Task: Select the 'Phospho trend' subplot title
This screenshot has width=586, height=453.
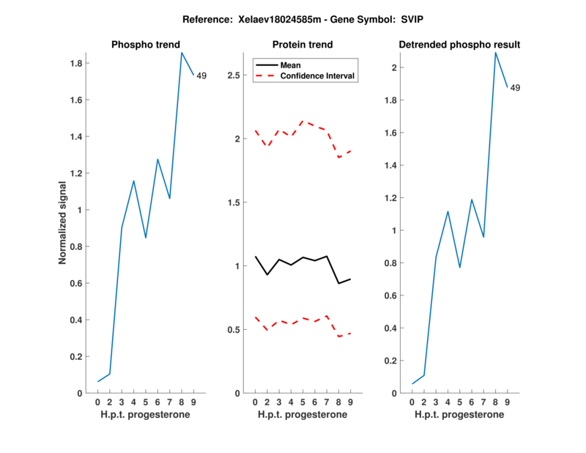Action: [x=146, y=45]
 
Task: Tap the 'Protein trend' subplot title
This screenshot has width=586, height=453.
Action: [x=303, y=45]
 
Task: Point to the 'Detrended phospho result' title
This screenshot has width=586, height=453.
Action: [x=459, y=45]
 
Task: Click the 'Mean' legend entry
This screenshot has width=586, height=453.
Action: [x=290, y=65]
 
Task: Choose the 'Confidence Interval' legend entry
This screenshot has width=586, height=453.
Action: [x=318, y=75]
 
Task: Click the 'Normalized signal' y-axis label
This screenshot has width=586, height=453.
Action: [x=63, y=223]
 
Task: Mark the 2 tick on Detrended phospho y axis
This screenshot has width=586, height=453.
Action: [x=397, y=67]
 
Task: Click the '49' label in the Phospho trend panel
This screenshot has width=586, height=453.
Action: [x=201, y=75]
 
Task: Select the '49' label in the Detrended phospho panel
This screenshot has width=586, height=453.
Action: [x=515, y=88]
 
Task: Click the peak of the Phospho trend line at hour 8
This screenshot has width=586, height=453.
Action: [x=182, y=52]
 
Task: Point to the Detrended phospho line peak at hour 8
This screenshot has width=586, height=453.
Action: [x=495, y=52]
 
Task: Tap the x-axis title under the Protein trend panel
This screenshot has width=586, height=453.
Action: [x=303, y=415]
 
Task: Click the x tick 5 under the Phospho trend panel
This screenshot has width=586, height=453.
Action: [x=146, y=402]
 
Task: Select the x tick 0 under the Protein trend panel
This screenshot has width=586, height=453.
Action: [x=255, y=402]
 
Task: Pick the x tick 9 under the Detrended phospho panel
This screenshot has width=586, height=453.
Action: [x=507, y=402]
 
